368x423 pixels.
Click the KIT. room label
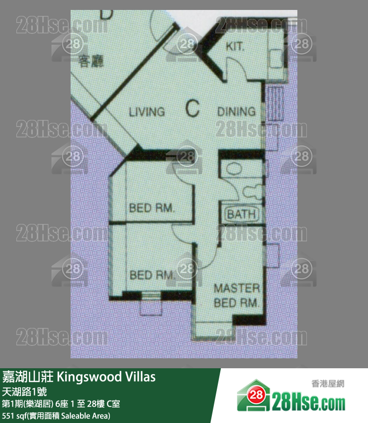pos(235,46)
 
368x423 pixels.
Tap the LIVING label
pos(147,112)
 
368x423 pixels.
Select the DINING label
pos(236,111)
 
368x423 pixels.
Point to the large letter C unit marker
pos(192,108)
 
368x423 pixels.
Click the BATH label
pos(241,214)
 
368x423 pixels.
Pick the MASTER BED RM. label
pos(237,296)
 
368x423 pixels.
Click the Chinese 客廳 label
pos(91,61)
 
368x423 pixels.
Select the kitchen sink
pos(276,59)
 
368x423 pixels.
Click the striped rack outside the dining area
pos(276,104)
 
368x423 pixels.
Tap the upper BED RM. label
pos(152,208)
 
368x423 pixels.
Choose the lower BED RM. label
pos(152,275)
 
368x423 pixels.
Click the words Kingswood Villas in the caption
pos(106,377)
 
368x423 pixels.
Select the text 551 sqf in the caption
pos(14,416)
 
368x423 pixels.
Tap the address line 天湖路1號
pos(24,392)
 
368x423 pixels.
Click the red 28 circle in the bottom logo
pos(256,395)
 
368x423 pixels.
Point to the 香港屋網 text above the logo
pos(328,383)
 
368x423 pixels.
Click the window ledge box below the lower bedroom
pos(151,308)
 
